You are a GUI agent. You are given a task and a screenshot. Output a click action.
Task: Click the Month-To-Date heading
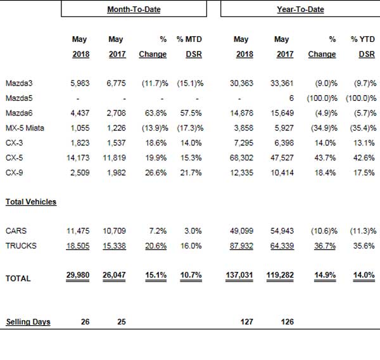134,10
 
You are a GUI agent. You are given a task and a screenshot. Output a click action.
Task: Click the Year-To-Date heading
300,10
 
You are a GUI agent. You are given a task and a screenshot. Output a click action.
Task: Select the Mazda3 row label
19,83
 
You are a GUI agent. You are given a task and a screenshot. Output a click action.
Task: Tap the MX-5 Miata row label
25,128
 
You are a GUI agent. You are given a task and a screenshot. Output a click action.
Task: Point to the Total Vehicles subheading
31,202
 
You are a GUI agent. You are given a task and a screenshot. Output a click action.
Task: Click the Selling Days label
28,322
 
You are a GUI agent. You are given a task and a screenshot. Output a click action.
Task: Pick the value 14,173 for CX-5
78,158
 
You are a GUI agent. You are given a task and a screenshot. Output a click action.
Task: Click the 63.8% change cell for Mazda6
156,113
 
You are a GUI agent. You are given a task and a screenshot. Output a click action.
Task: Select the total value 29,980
78,275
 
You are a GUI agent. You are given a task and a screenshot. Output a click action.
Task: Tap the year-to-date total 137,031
239,275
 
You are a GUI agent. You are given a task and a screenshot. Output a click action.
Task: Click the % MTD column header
189,39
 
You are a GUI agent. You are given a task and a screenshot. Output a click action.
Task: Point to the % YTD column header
362,39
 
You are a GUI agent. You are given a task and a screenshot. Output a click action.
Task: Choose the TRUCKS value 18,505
78,246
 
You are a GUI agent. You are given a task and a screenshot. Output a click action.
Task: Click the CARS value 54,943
282,231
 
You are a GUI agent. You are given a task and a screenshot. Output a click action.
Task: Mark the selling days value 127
247,322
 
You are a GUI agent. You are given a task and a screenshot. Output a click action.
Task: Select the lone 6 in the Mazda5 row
291,98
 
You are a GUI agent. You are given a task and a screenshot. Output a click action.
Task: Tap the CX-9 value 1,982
117,173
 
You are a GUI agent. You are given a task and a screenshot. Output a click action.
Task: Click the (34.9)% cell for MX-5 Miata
324,128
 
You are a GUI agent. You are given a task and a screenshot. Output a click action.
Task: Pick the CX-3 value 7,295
244,143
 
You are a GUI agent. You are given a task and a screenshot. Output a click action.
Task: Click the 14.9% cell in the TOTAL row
325,275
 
